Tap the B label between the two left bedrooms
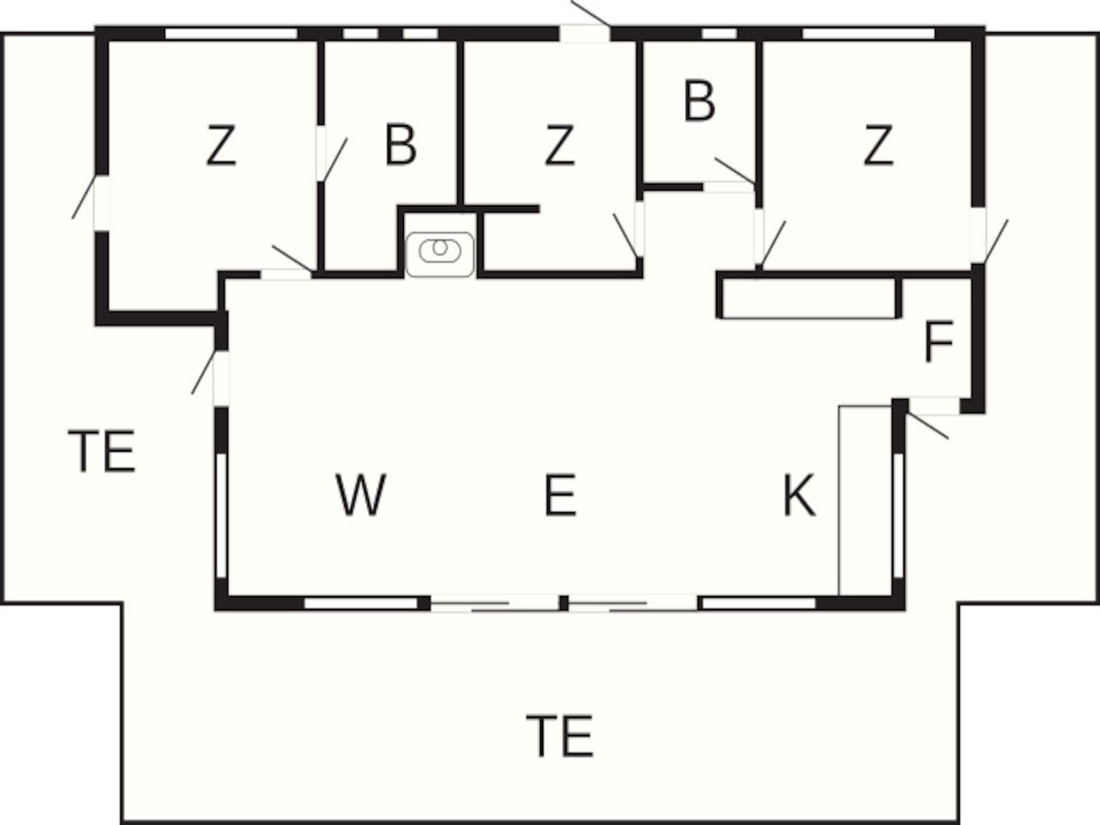pyautogui.click(x=400, y=146)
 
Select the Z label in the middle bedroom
pyautogui.click(x=559, y=146)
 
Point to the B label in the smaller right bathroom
pyautogui.click(x=700, y=101)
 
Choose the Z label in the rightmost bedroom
pyautogui.click(x=878, y=146)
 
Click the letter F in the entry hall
pyautogui.click(x=938, y=342)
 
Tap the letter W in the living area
pyautogui.click(x=360, y=494)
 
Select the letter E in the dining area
pyautogui.click(x=560, y=494)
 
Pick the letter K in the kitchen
pyautogui.click(x=799, y=494)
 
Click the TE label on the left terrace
pyautogui.click(x=102, y=451)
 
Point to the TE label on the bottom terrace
pyautogui.click(x=560, y=736)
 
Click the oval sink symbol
pyautogui.click(x=440, y=250)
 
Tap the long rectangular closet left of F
pyautogui.click(x=809, y=298)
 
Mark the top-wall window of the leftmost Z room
pyautogui.click(x=231, y=34)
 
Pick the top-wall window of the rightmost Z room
pyautogui.click(x=869, y=34)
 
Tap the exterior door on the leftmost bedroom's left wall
pyautogui.click(x=101, y=203)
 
